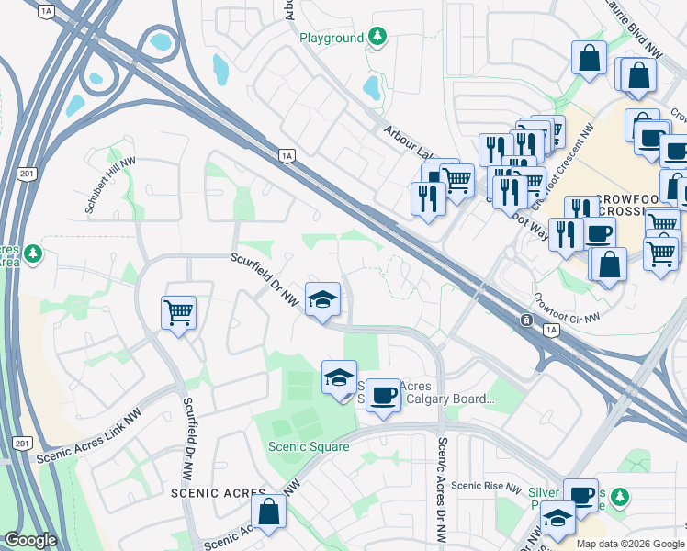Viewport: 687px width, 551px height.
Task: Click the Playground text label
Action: click(x=332, y=38)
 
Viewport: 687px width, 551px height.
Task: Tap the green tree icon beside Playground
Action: click(x=377, y=37)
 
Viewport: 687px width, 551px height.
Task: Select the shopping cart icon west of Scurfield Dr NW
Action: click(x=178, y=312)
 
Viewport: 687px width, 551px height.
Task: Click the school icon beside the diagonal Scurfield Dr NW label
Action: click(x=322, y=298)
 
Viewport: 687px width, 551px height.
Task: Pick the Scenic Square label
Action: click(x=309, y=447)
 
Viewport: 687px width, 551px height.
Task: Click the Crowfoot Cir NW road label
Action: click(x=566, y=309)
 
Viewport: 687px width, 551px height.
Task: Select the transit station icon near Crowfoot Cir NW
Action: click(x=526, y=320)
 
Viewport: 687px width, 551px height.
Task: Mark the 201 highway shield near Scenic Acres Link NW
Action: click(x=22, y=444)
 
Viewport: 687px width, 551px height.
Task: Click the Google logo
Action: click(x=30, y=540)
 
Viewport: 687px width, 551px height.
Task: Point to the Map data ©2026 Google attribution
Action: click(x=629, y=544)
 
